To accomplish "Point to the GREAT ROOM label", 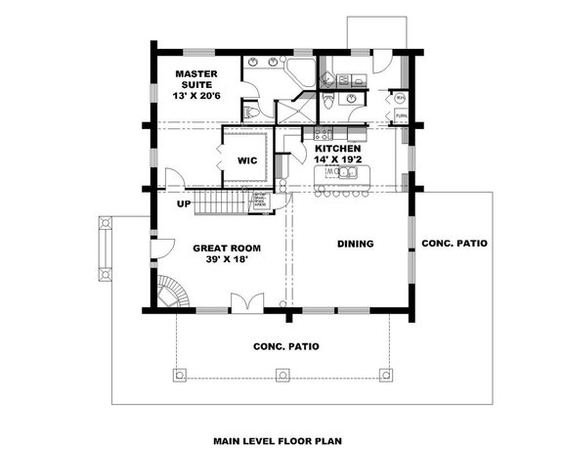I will pyautogui.click(x=224, y=248).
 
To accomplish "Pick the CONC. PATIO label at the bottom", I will pyautogui.click(x=284, y=344).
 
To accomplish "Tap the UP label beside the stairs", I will pyautogui.click(x=183, y=204).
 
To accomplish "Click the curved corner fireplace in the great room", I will pyautogui.click(x=169, y=292).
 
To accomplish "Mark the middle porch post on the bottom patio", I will pyautogui.click(x=283, y=374).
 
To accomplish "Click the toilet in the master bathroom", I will pyautogui.click(x=253, y=113).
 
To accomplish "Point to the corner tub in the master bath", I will pyautogui.click(x=300, y=70).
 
